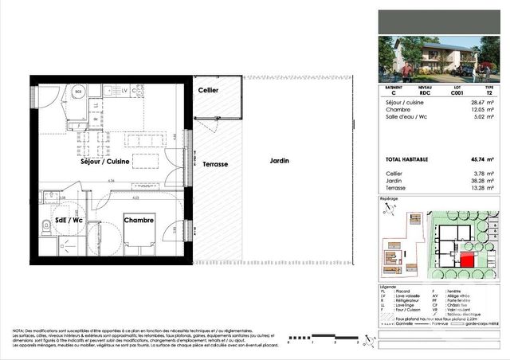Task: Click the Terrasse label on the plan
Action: (215, 164)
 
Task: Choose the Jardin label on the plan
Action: (279, 162)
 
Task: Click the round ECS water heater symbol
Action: (78, 92)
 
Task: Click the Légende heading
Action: (387, 285)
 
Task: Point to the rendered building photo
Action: (442, 60)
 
